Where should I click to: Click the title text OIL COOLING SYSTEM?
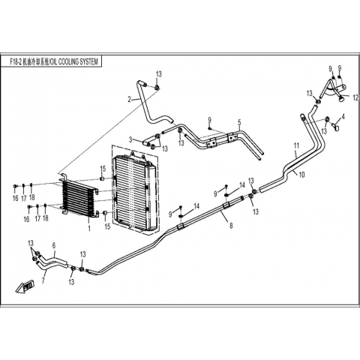click(x=73, y=61)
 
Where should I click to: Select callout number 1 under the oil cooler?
click(x=89, y=229)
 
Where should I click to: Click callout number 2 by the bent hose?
click(x=129, y=100)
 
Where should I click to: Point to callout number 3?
click(x=130, y=139)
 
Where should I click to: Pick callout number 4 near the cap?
click(x=343, y=116)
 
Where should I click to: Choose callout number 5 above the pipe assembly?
click(x=239, y=122)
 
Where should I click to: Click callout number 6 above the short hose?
click(x=54, y=245)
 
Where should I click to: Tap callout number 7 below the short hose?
click(x=43, y=280)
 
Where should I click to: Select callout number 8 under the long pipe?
click(x=231, y=226)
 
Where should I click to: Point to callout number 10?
click(x=302, y=175)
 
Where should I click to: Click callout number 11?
click(x=296, y=145)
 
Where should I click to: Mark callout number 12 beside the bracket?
click(x=355, y=98)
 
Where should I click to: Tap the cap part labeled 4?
click(x=336, y=127)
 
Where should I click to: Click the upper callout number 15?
click(x=103, y=169)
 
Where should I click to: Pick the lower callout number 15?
click(x=107, y=226)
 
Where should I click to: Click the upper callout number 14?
click(x=242, y=185)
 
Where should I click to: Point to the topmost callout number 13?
click(x=159, y=74)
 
